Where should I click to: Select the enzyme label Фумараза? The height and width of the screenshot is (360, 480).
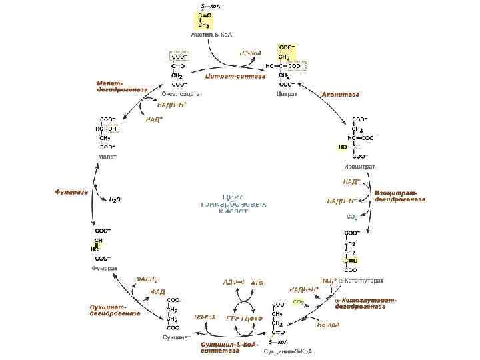point(71,192)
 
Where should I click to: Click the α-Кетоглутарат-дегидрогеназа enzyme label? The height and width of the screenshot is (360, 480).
point(365,304)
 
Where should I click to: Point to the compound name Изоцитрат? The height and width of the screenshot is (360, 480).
point(359,165)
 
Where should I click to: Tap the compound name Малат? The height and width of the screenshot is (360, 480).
point(108,157)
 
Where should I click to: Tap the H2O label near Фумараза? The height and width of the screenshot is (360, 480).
point(115,199)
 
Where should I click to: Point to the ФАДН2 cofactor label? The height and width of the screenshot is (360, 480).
point(147,279)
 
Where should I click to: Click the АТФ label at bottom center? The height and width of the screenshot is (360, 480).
point(257,283)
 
